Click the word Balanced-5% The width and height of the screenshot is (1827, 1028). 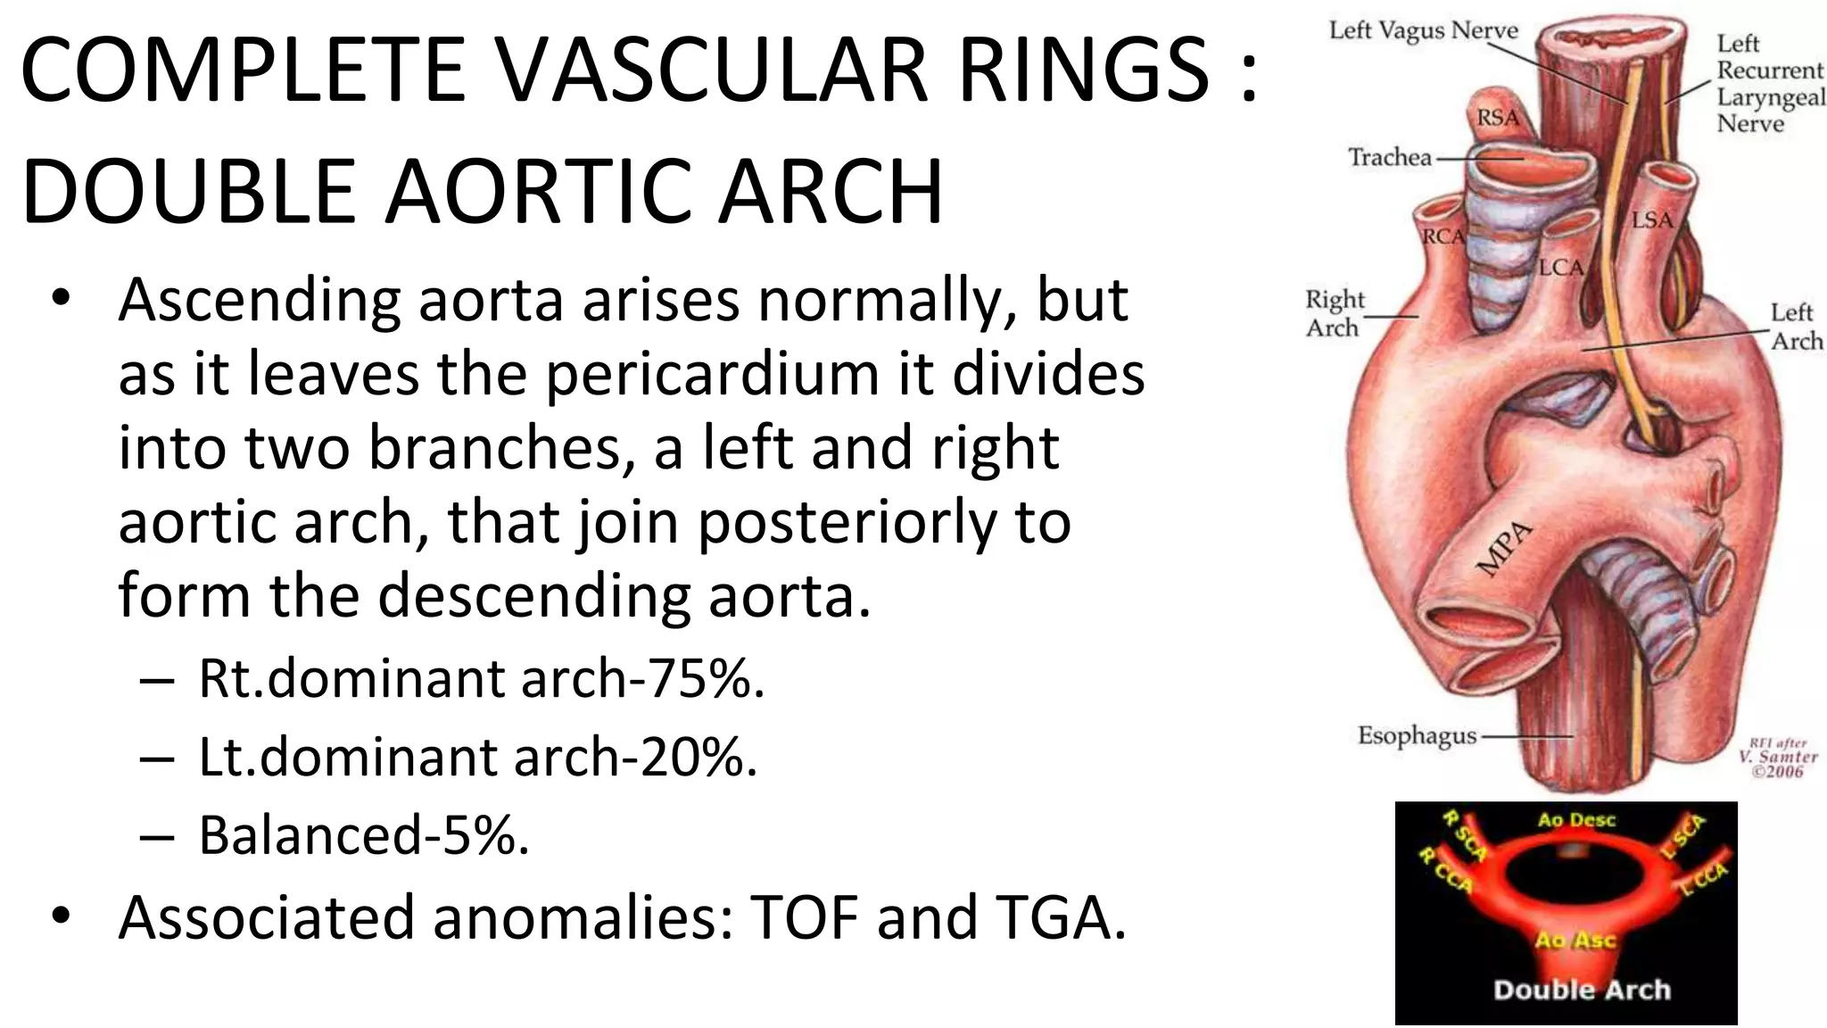click(364, 835)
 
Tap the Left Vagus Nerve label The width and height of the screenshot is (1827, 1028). click(1423, 31)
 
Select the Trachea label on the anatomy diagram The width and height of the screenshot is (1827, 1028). click(1389, 158)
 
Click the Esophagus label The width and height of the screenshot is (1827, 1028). click(1417, 735)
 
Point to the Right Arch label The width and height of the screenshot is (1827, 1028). click(1334, 313)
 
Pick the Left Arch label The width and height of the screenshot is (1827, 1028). click(1796, 327)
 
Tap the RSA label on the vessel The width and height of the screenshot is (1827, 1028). click(1498, 117)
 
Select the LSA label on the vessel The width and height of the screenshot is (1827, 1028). click(1652, 219)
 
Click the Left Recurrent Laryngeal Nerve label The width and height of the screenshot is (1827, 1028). click(1768, 83)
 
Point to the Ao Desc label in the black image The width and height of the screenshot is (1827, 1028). click(1576, 820)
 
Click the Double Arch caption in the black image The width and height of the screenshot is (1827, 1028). click(1582, 989)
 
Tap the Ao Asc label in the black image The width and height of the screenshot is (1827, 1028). click(1575, 940)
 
